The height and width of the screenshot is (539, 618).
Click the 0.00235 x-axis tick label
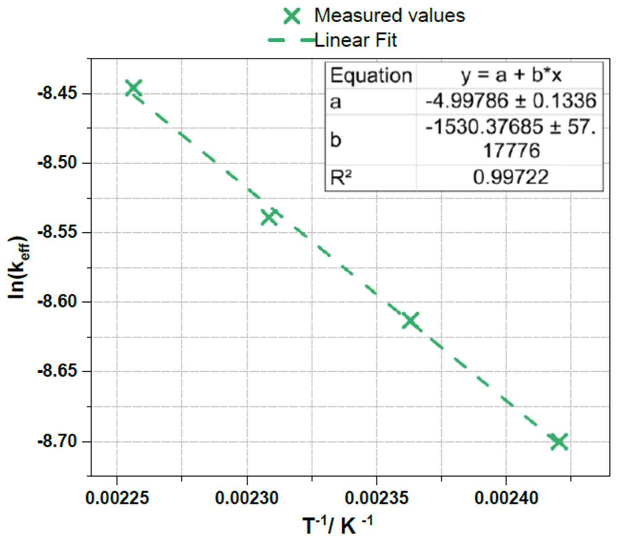click(x=376, y=498)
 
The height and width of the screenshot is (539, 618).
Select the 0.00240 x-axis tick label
click(x=506, y=498)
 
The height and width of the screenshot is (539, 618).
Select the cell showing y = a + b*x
click(x=511, y=75)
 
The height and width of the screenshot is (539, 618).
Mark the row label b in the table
click(x=336, y=140)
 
